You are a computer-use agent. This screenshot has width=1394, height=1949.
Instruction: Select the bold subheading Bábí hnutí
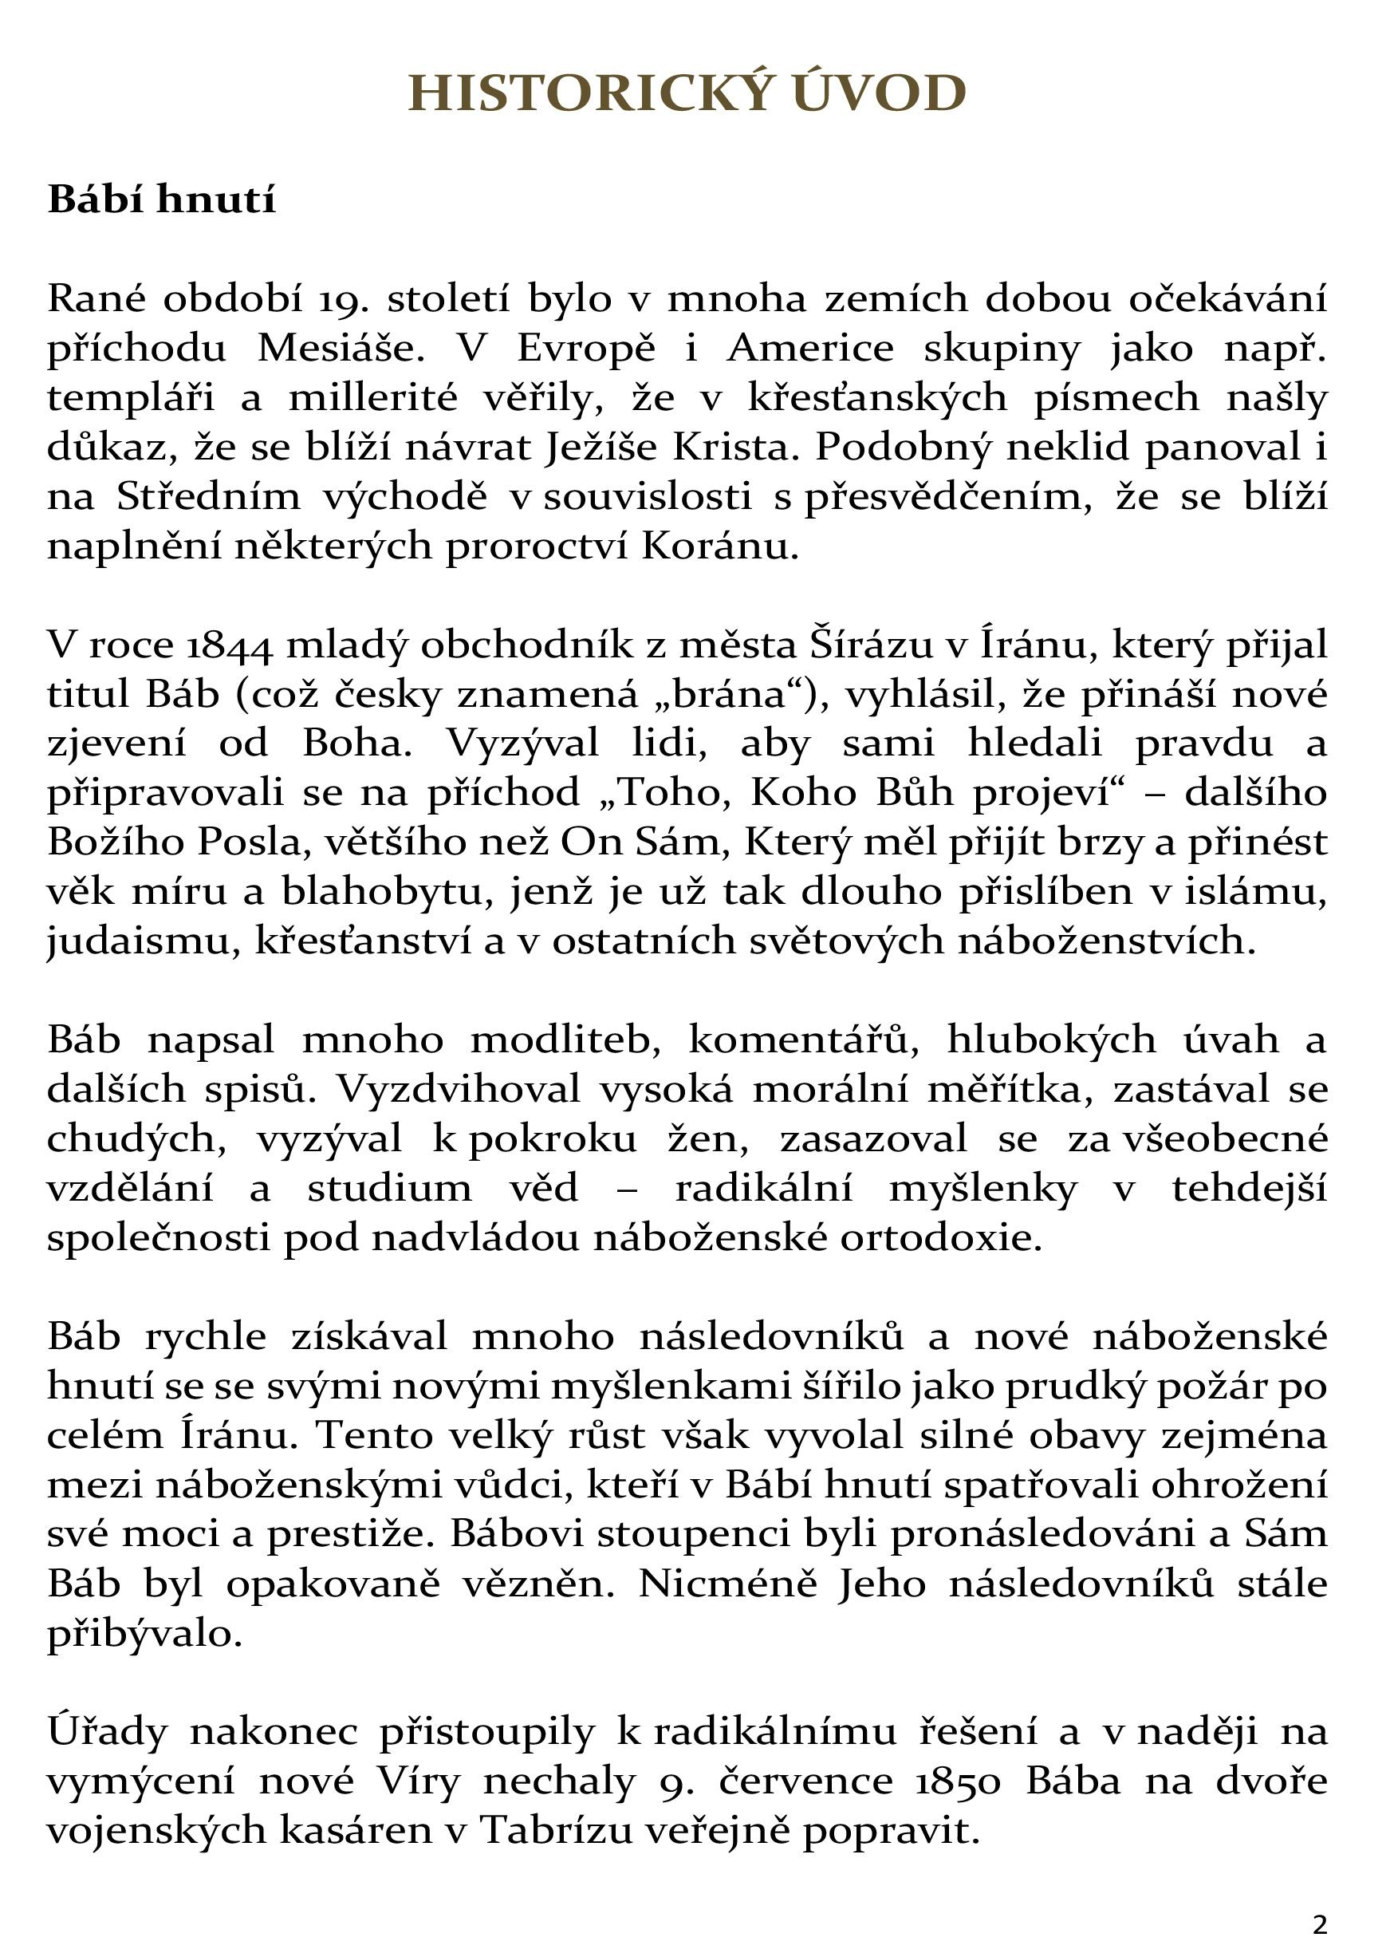coord(161,199)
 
